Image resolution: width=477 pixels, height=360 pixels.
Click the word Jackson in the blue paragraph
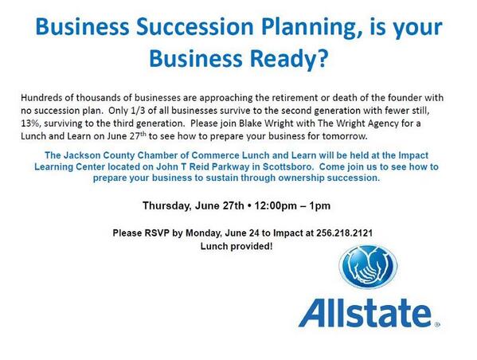105,155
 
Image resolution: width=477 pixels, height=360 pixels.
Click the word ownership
302,179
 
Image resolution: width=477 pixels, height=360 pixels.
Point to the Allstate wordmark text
368,311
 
